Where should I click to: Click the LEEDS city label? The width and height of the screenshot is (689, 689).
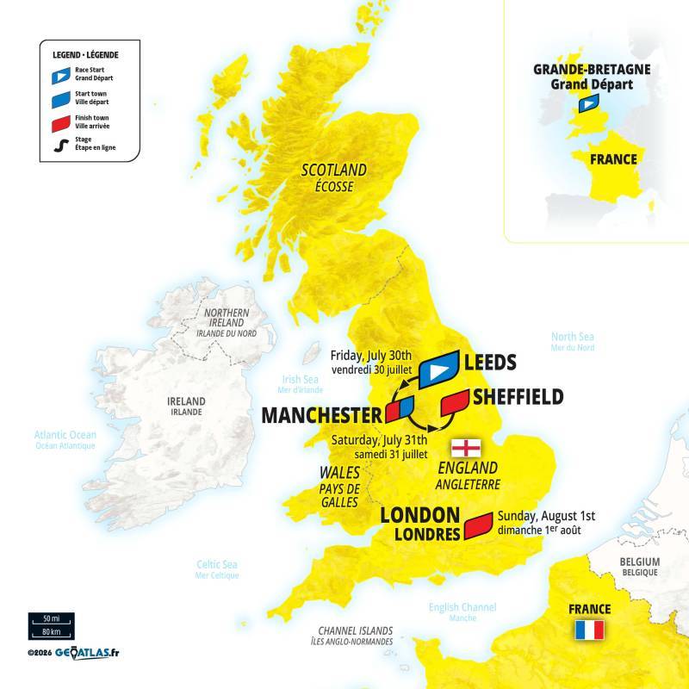coord(490,363)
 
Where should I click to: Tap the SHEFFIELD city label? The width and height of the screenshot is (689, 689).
coord(517,396)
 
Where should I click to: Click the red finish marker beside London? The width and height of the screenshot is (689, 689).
coord(477,525)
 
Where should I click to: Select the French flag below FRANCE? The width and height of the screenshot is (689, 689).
coord(589,630)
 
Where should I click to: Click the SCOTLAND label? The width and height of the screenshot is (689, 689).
coord(333,170)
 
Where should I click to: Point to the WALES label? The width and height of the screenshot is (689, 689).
coord(339,473)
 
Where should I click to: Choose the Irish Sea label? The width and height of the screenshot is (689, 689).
coord(301,379)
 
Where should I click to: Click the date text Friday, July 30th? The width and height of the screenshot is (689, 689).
coord(371,355)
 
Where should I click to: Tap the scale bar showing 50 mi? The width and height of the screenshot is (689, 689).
coord(51,619)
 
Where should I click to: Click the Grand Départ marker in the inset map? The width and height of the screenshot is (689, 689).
coord(589,104)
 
